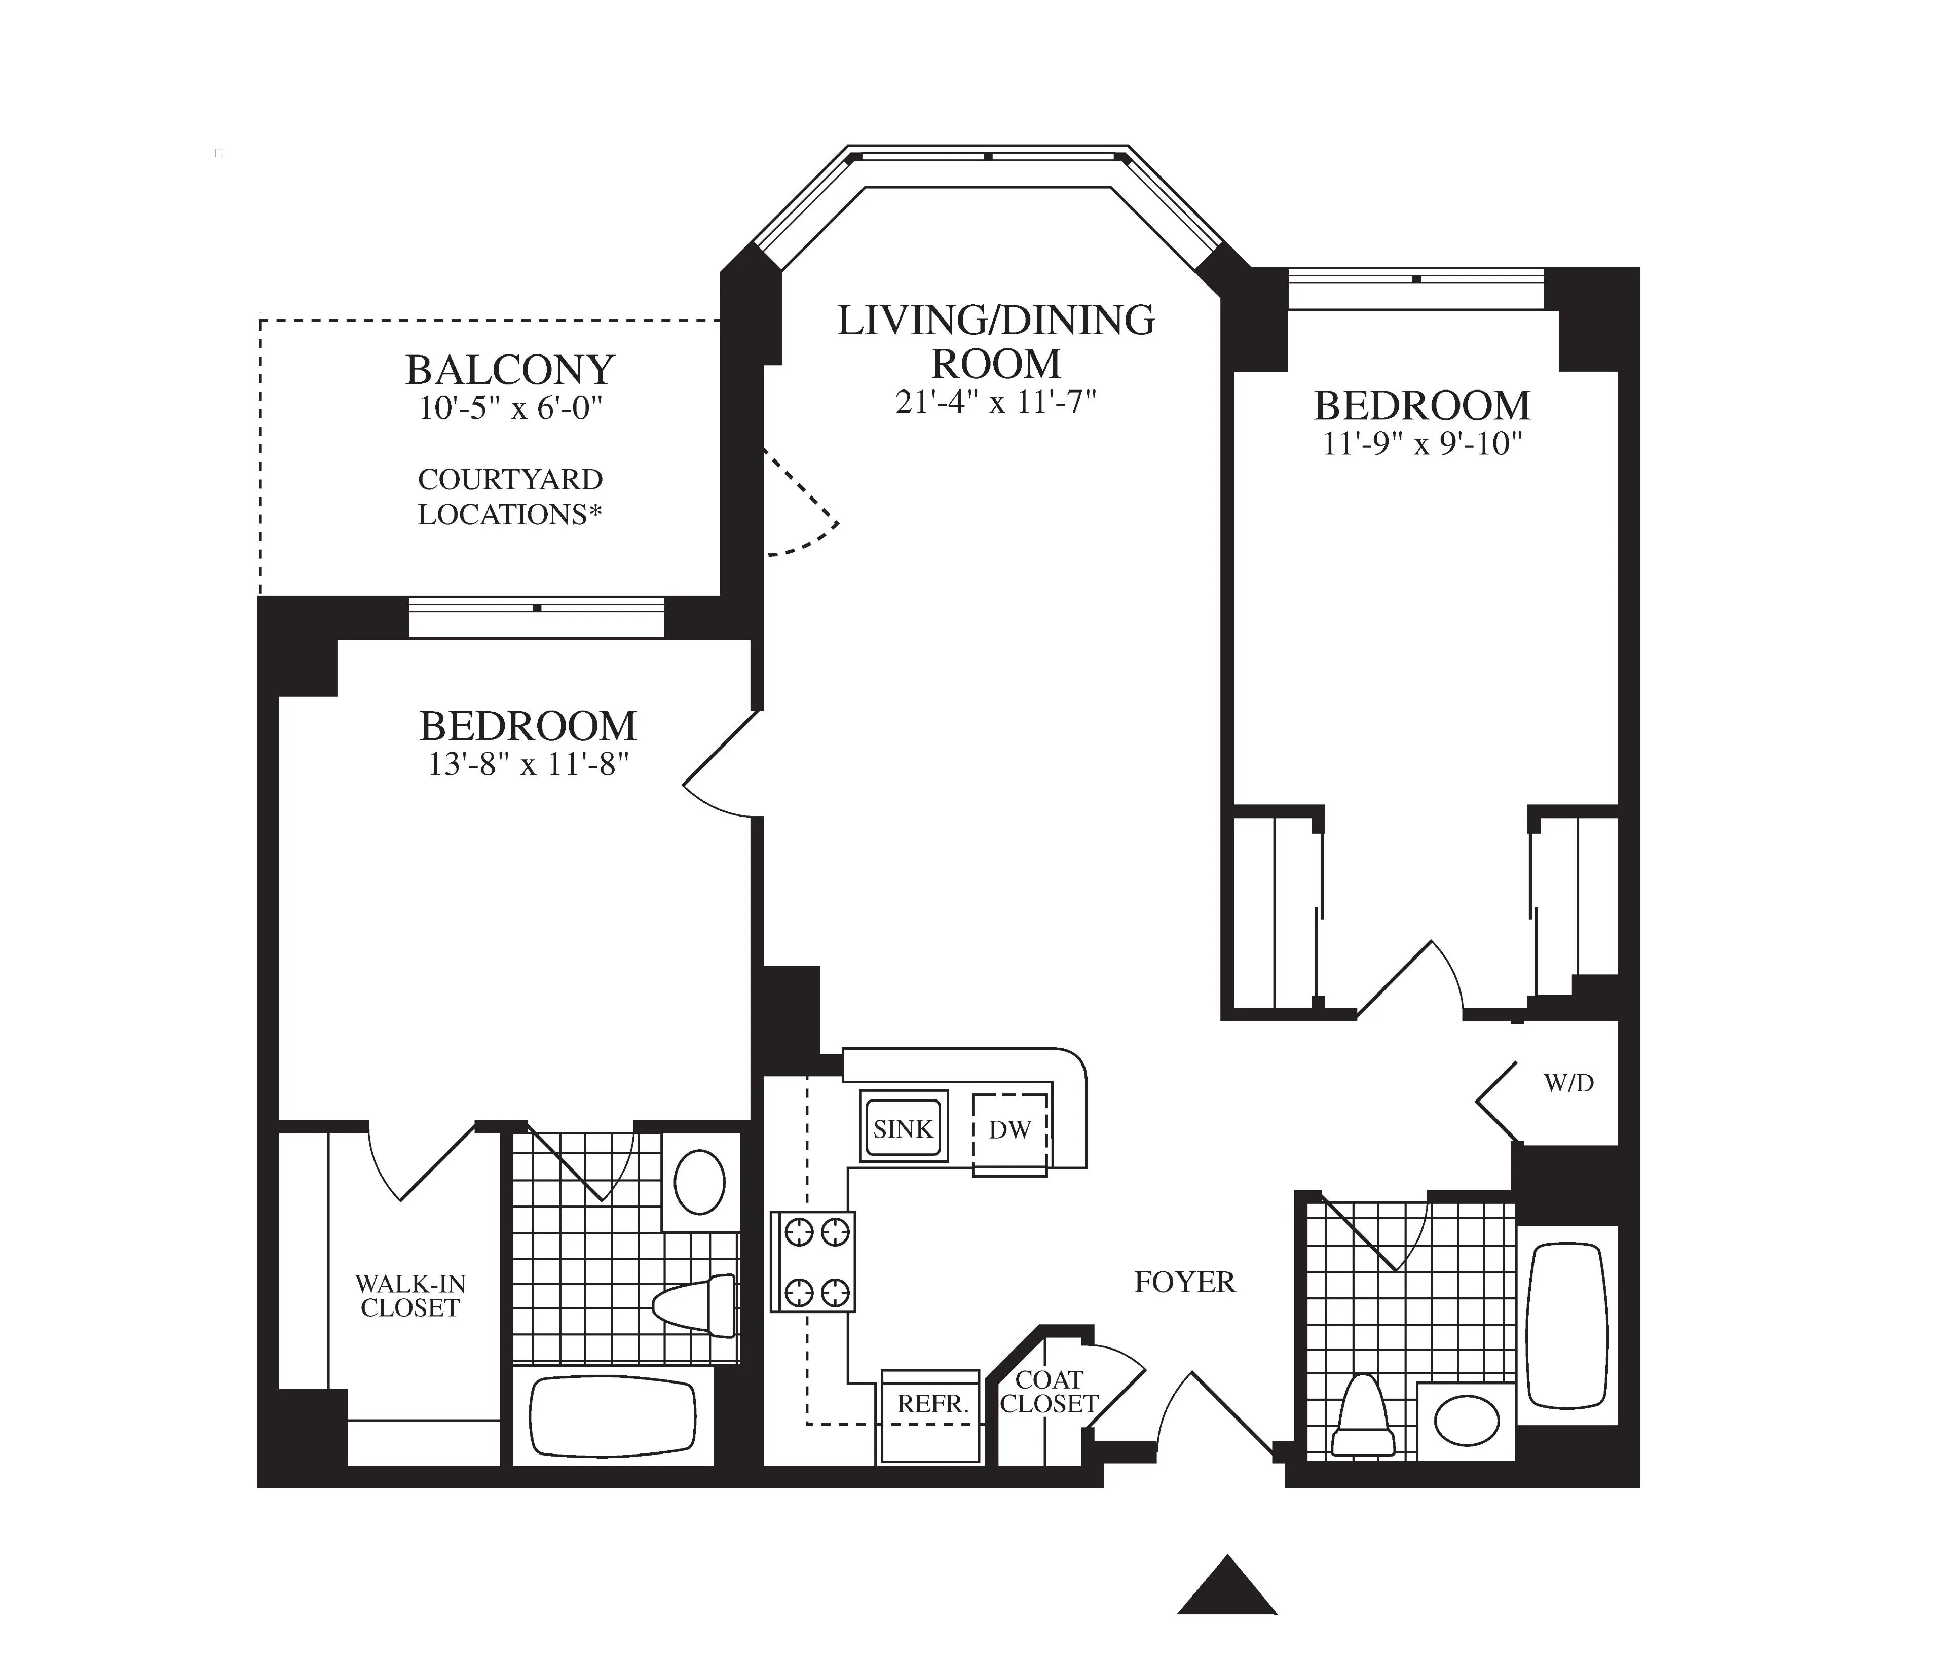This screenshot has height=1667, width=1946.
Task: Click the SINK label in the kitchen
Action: point(903,1128)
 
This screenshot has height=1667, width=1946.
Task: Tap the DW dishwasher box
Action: point(1009,1130)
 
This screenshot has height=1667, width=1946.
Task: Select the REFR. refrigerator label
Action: point(931,1404)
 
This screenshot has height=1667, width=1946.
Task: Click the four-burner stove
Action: point(813,1261)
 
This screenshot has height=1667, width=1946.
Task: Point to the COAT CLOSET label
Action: point(1049,1392)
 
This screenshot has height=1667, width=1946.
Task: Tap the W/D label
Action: point(1568,1083)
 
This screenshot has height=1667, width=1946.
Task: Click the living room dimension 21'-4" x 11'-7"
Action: point(995,402)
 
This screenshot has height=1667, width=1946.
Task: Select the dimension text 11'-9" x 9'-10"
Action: point(1421,444)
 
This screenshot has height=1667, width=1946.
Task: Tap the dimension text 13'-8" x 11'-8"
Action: point(528,765)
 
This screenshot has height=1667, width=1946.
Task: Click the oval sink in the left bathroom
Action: point(700,1182)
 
